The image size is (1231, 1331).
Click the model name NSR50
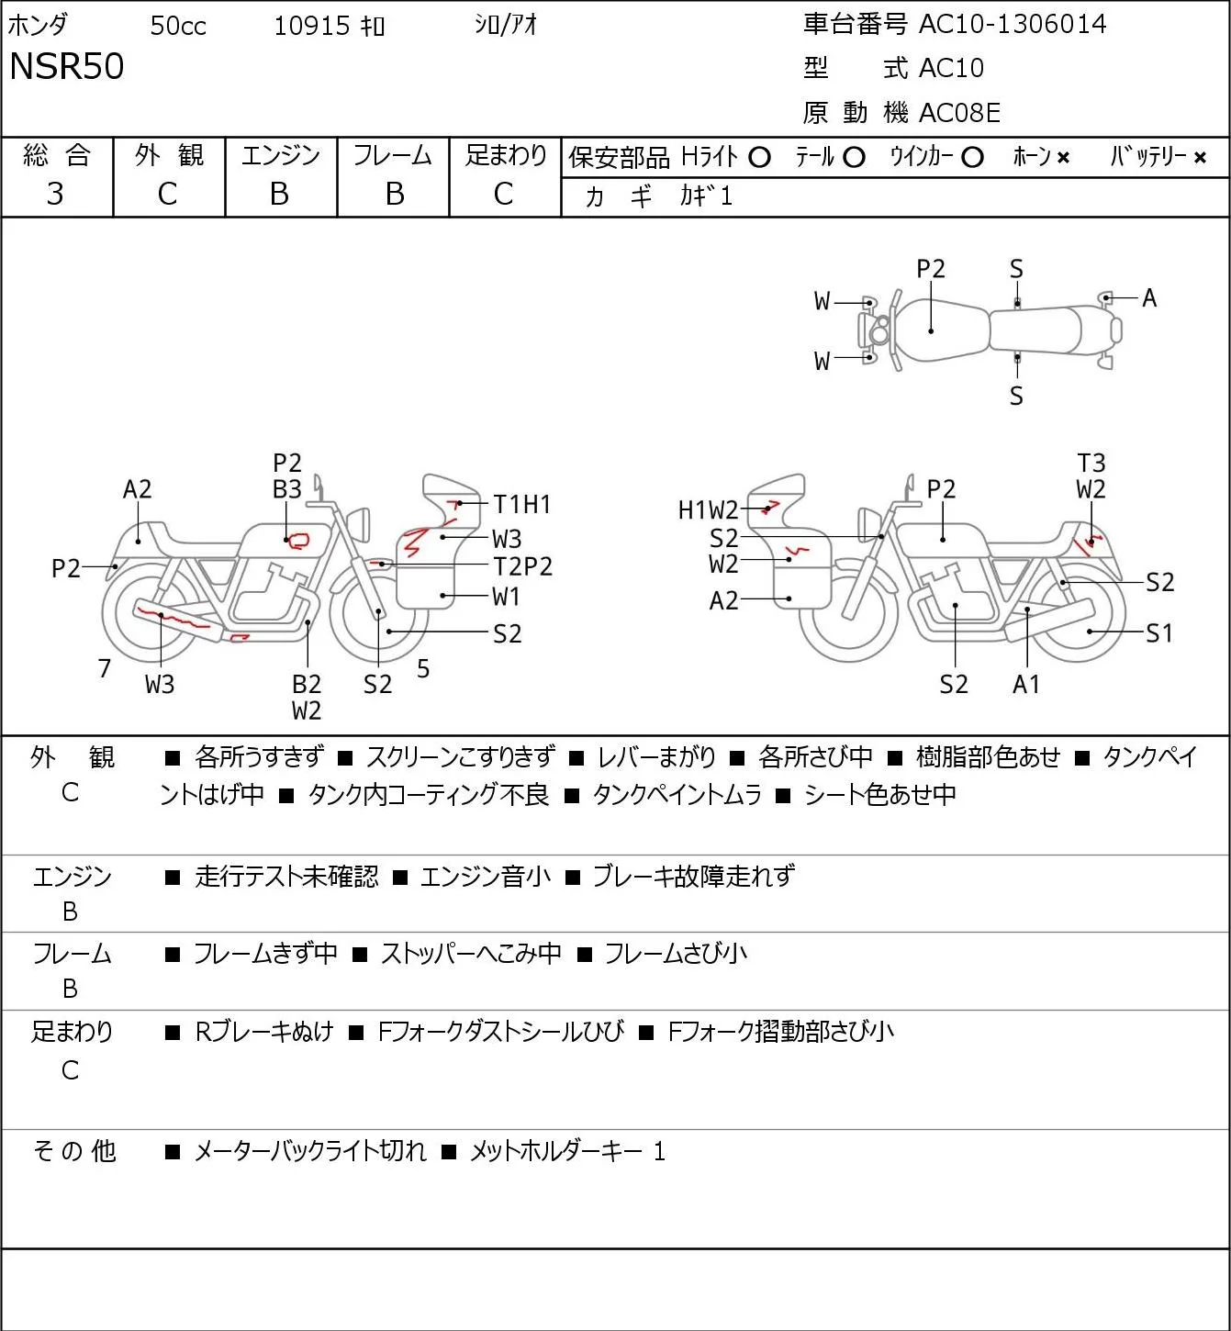(x=66, y=66)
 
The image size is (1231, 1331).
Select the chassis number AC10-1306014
(x=1013, y=25)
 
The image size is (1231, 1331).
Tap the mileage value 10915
(x=312, y=26)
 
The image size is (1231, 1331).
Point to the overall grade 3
(x=55, y=195)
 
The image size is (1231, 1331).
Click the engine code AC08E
(x=959, y=113)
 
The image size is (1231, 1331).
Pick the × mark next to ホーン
(x=1063, y=158)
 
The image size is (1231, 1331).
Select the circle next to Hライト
(x=759, y=158)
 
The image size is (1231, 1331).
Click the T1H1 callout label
(x=521, y=505)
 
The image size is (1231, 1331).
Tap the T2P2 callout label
(x=522, y=567)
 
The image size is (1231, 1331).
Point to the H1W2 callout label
(x=708, y=510)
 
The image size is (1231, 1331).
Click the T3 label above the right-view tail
(x=1091, y=464)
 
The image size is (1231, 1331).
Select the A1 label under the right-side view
(x=1026, y=685)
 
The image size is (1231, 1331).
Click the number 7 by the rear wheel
(x=104, y=668)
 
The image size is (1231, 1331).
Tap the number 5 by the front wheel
(x=423, y=668)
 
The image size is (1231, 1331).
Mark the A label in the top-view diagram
(x=1149, y=297)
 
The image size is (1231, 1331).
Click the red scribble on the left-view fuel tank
(x=299, y=540)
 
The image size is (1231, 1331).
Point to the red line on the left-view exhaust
(x=173, y=617)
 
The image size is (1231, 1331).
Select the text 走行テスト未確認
(x=286, y=877)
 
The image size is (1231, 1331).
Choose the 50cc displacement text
(x=178, y=26)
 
